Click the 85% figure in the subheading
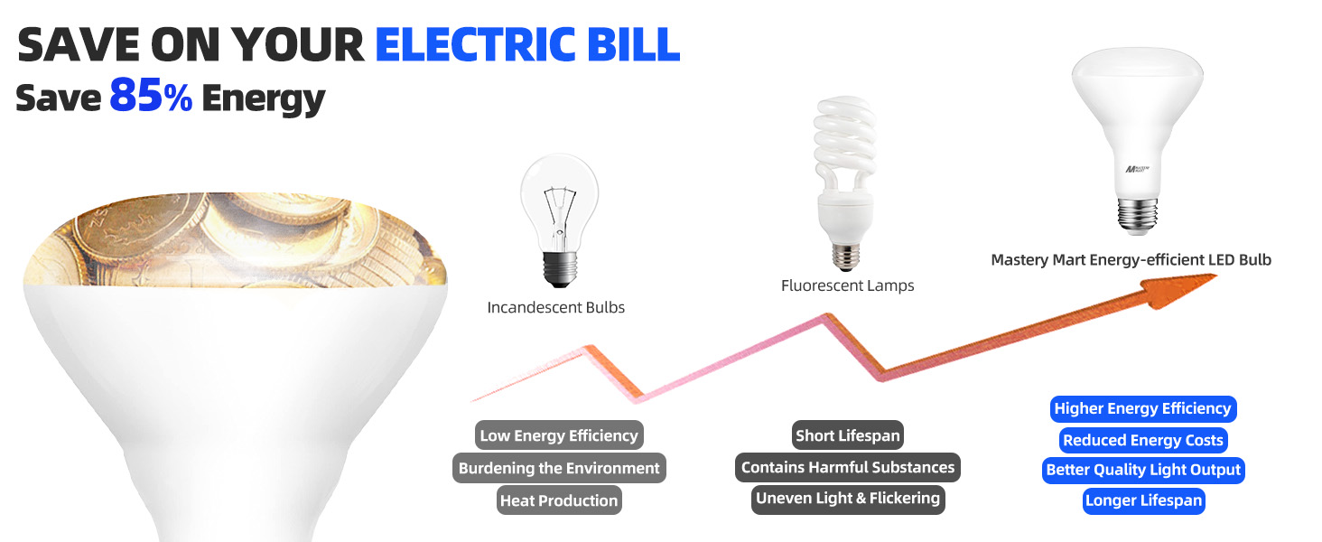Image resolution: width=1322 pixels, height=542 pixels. click(x=150, y=97)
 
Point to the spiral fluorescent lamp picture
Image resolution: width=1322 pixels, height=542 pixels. click(x=844, y=181)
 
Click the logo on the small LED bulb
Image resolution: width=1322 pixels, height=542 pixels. click(x=1134, y=169)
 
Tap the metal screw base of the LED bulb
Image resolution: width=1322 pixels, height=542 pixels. click(x=1137, y=217)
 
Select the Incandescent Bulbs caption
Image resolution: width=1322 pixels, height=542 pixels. click(x=555, y=307)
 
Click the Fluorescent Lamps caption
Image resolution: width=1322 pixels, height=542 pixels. click(x=847, y=285)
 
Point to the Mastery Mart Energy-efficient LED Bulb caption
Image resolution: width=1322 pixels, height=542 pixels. click(x=1131, y=260)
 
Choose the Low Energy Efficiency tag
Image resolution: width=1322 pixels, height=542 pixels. click(x=559, y=435)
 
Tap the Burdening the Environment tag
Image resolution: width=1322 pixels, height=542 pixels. click(x=559, y=468)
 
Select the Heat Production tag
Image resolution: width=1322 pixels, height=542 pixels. click(x=559, y=500)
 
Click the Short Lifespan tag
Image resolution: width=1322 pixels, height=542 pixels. click(x=847, y=435)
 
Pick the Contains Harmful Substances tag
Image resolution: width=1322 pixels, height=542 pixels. click(x=847, y=467)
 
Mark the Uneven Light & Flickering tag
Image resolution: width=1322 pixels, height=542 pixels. click(x=847, y=499)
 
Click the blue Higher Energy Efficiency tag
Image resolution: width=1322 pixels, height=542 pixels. click(x=1142, y=408)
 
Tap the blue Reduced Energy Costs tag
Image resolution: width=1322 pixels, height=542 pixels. click(x=1142, y=440)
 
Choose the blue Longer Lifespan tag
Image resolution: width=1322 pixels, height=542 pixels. click(x=1143, y=500)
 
